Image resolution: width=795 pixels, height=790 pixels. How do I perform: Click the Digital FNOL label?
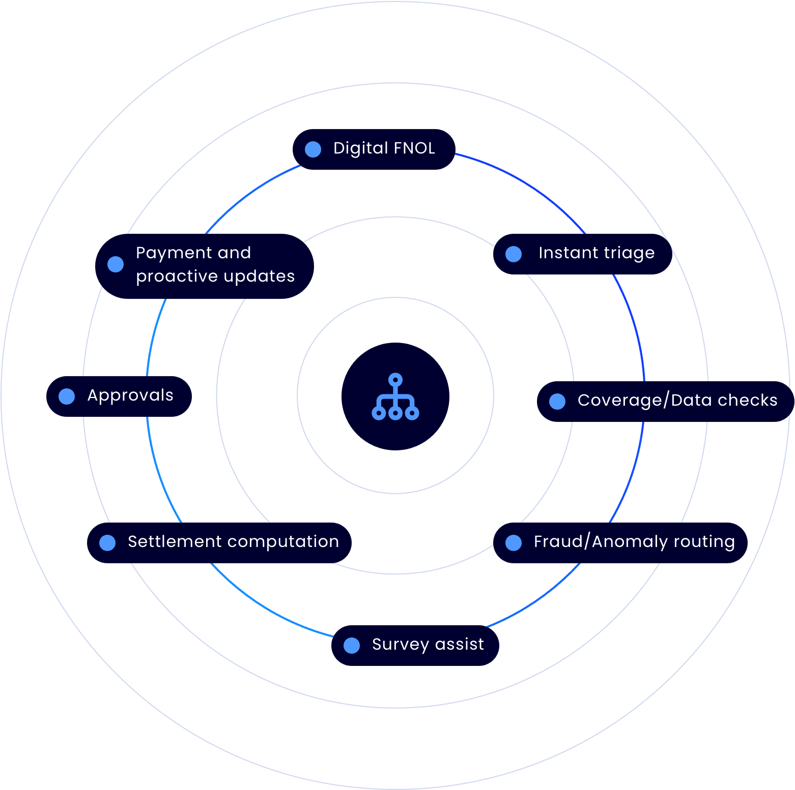coord(384,148)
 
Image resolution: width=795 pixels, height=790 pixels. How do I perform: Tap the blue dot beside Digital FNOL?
coord(313,149)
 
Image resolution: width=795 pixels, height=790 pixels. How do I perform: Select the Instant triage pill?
coord(583,254)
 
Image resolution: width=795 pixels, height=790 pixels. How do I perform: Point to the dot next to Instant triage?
coord(514,254)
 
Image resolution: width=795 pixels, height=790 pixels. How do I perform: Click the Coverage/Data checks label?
coord(677,401)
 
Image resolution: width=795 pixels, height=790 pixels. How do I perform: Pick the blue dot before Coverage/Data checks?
coord(557,401)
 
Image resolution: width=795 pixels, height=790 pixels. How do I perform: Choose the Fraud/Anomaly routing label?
coord(634,542)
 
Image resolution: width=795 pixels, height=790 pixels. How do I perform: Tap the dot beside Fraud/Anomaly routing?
coord(514,542)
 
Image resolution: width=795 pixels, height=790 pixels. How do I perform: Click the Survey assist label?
coord(428,645)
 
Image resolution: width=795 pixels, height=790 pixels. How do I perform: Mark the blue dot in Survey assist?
coord(352,645)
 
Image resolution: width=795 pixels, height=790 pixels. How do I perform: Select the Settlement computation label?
coord(233,542)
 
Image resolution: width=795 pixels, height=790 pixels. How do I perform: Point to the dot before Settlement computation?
coord(107,542)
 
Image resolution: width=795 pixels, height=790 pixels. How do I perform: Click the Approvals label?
coord(130,396)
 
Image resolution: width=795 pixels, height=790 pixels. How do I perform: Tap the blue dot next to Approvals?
coord(67,396)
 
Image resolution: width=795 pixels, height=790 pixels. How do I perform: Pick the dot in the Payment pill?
coord(116,264)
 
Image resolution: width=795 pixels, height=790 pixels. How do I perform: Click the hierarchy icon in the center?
coord(395,397)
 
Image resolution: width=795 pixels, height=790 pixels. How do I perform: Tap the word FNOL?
coord(414,148)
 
